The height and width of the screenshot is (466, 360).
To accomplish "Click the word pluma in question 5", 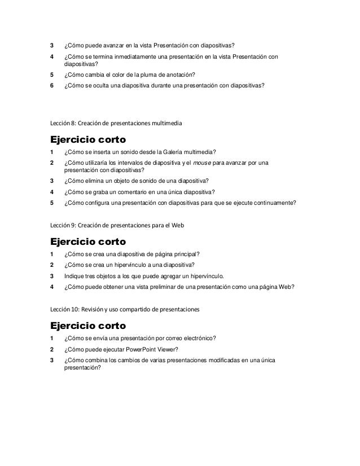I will pos(143,74).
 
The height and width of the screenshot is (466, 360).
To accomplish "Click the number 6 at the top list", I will pos(52,86).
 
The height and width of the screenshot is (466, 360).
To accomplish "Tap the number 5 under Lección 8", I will pos(52,203).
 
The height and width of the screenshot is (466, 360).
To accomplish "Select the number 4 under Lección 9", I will pos(52,287).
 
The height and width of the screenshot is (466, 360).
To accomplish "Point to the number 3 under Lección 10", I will pos(52,361).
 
